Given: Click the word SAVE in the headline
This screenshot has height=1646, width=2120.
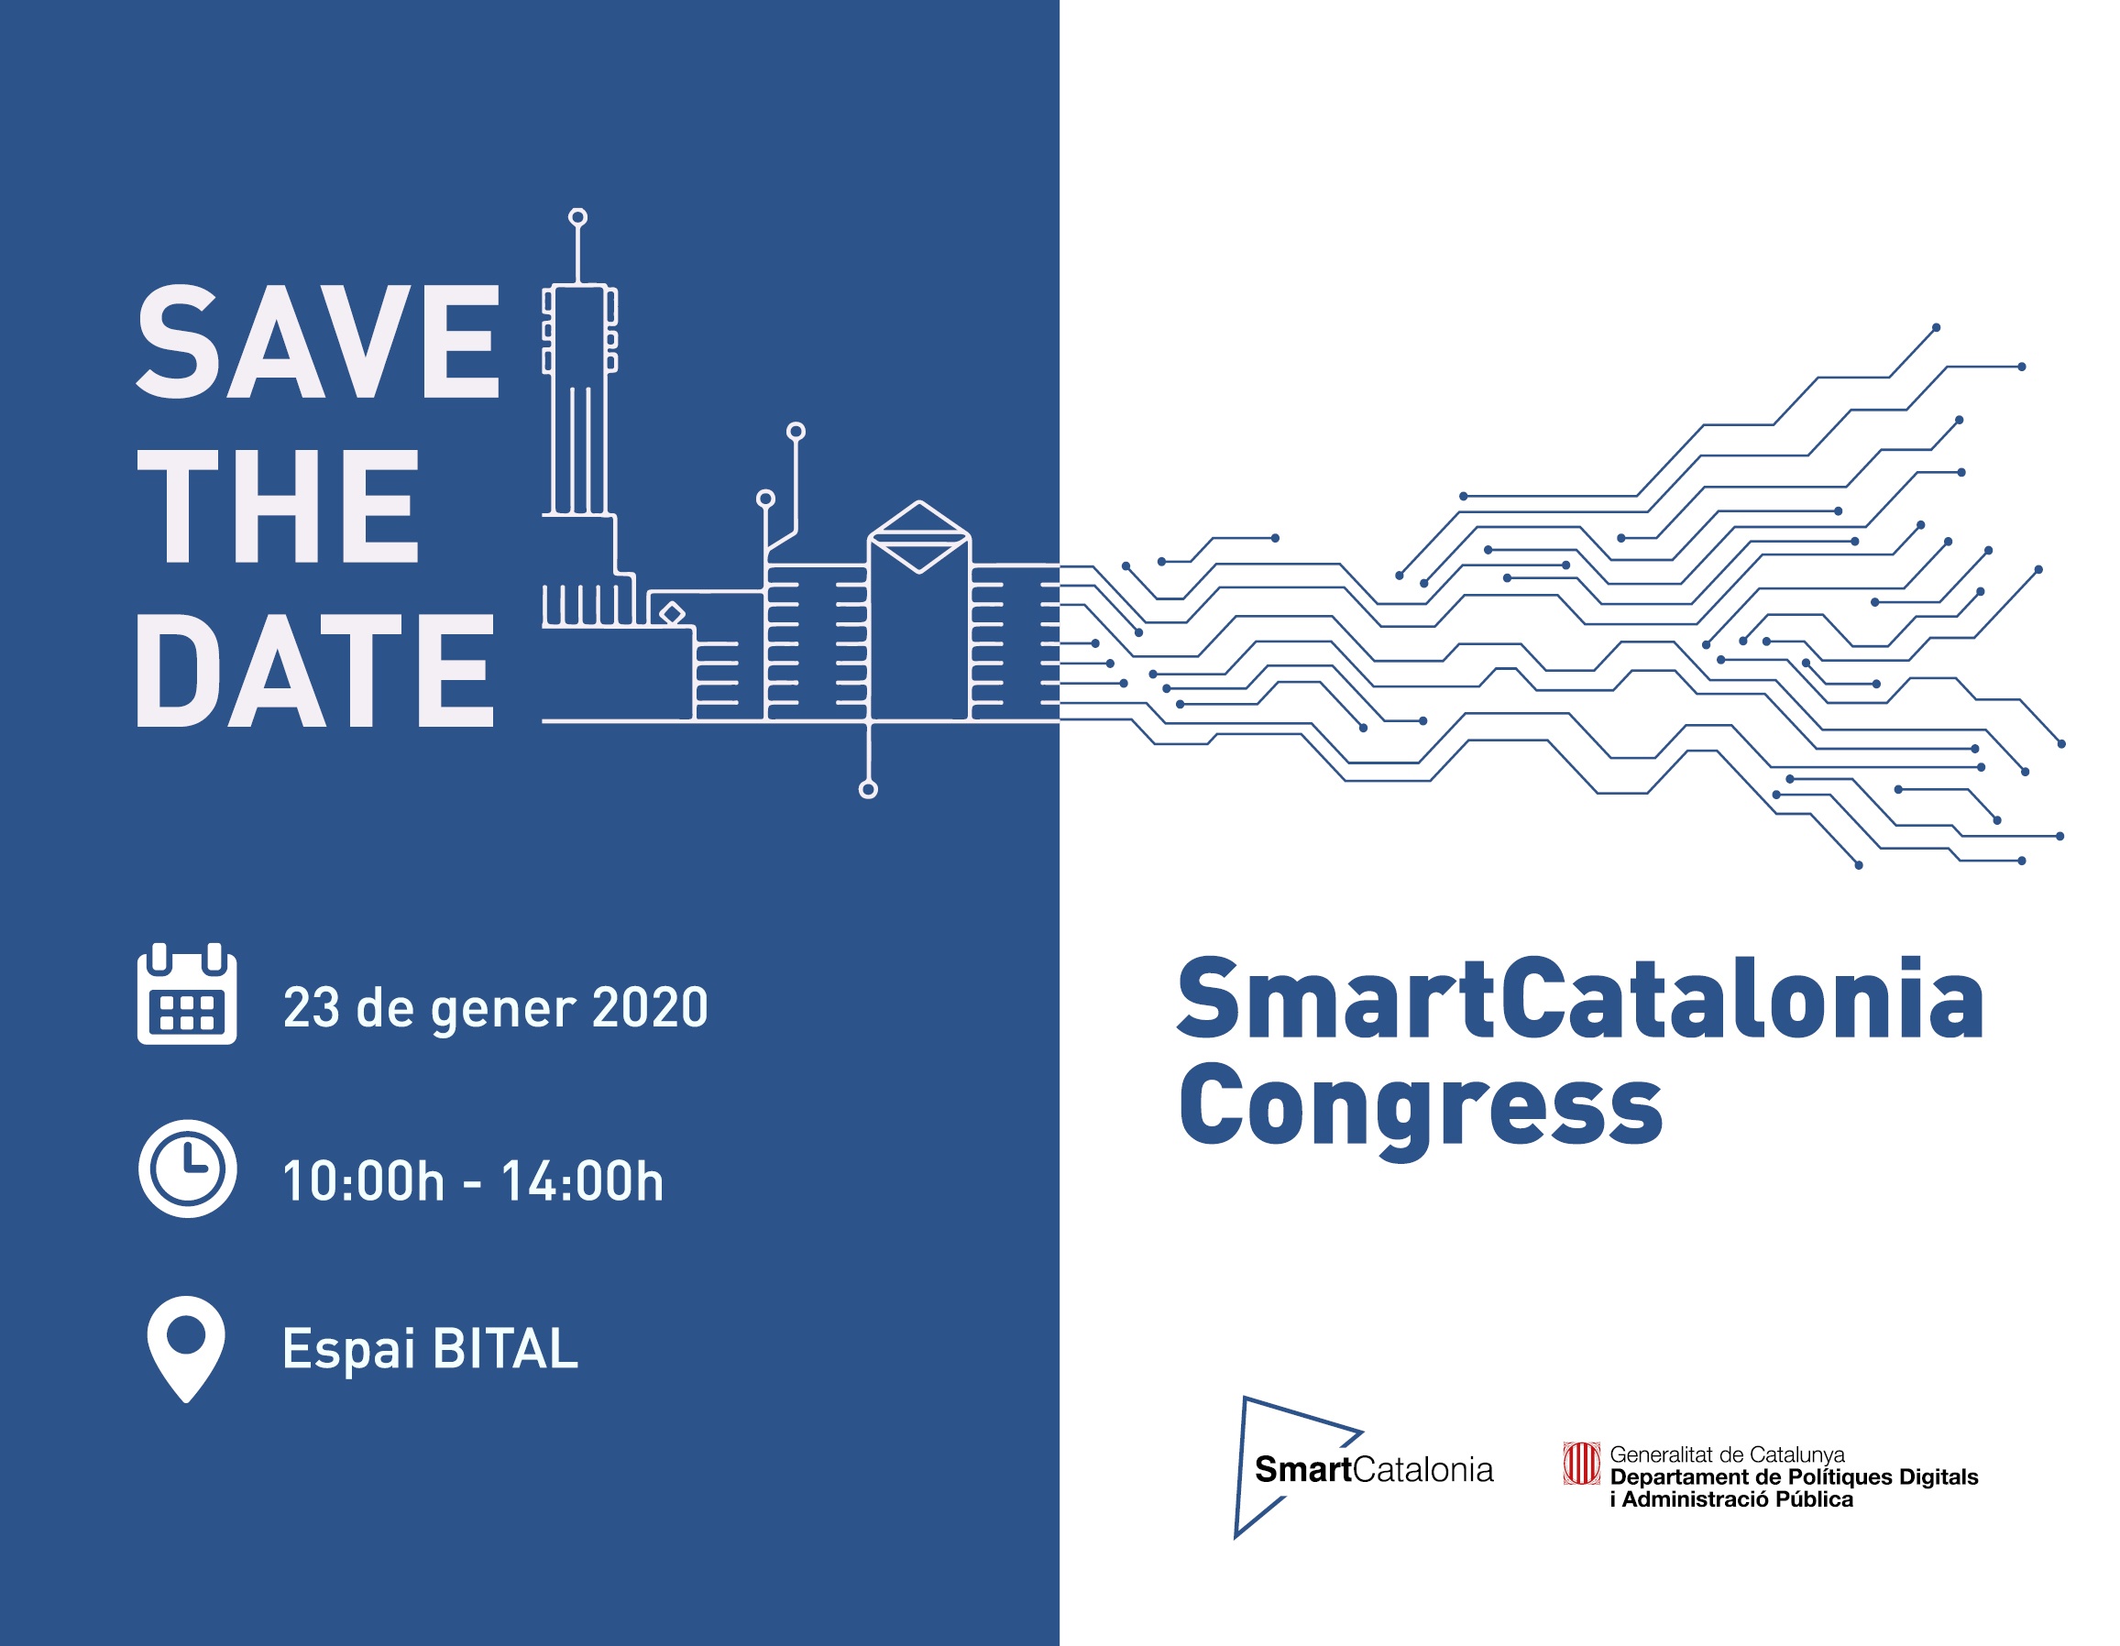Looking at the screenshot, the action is point(318,342).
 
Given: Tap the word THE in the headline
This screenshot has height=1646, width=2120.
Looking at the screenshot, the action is point(278,506).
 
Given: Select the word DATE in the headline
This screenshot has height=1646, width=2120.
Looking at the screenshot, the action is point(315,670).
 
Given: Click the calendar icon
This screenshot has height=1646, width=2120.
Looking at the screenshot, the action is point(187,993).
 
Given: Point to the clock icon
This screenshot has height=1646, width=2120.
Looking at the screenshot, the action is point(187,1169).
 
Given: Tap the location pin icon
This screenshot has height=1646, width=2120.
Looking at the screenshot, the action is point(185,1349).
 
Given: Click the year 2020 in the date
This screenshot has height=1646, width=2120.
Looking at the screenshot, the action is point(650,1007).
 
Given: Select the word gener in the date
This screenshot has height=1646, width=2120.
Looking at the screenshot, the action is point(503,1011).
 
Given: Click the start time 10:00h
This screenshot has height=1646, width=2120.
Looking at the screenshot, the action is point(363,1181).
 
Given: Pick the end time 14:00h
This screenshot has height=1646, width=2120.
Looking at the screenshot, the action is point(582,1181).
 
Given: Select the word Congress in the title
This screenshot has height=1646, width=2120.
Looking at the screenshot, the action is point(1421,1108).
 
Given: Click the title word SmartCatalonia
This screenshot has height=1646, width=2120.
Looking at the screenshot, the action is point(1580,1000).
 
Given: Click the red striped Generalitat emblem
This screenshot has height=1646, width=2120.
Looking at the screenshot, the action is point(1580,1464).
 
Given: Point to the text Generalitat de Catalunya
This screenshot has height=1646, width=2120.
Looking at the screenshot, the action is point(1727,1454).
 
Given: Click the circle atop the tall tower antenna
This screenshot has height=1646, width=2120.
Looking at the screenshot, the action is point(577,216).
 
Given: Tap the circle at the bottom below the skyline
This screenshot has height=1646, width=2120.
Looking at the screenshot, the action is point(869,790).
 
